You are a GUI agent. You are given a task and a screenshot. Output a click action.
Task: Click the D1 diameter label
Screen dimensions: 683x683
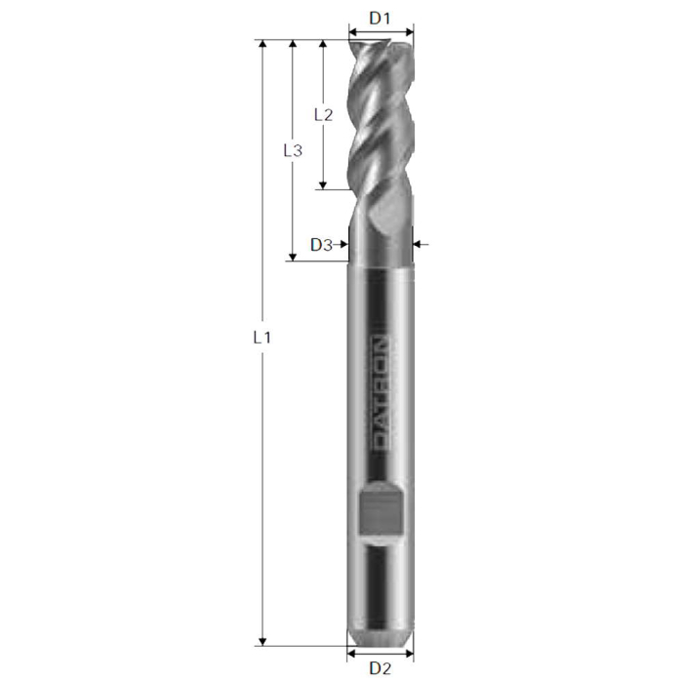381,18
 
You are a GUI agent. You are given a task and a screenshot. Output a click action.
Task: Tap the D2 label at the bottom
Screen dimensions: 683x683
381,668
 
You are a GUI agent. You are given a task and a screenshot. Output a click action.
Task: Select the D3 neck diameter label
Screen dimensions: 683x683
321,245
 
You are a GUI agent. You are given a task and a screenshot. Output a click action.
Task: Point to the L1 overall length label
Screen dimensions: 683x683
261,338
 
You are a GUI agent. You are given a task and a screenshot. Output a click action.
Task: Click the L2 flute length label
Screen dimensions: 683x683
323,114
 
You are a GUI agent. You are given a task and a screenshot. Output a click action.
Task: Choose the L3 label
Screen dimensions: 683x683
292,150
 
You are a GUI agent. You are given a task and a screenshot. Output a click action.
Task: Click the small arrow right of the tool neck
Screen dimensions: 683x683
421,244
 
